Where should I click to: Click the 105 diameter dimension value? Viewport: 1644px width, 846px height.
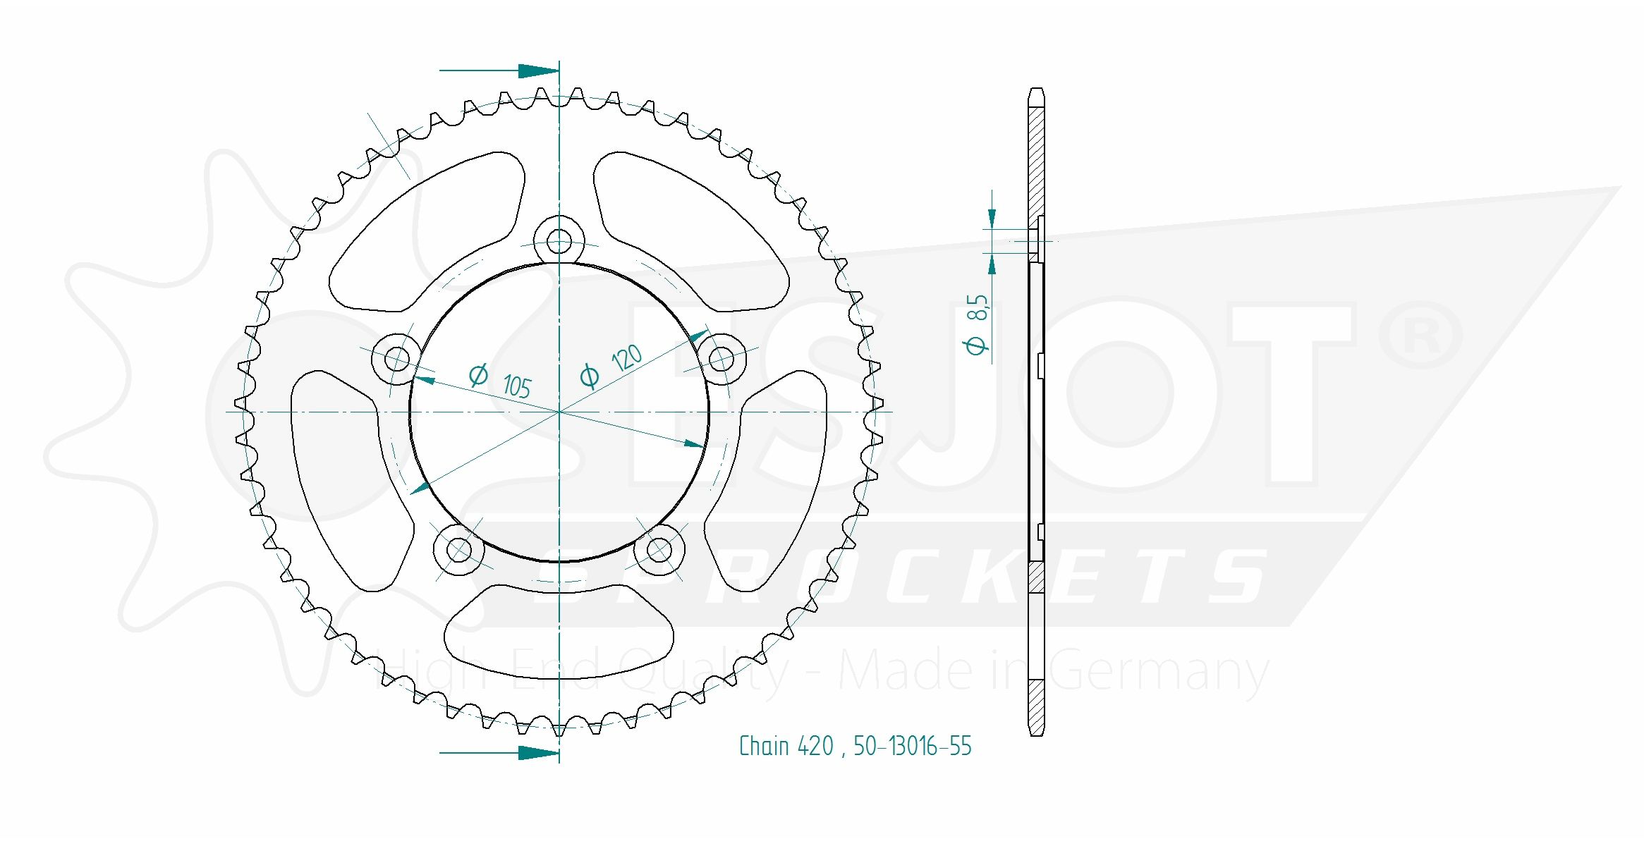517,386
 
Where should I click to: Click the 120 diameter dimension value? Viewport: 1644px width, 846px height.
626,358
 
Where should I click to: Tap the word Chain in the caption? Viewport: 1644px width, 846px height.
763,747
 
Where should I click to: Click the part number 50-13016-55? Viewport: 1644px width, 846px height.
912,747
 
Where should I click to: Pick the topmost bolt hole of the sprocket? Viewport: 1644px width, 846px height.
559,241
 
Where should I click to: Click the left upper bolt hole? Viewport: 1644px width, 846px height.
397,358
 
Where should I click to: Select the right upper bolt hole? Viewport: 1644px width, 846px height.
721,359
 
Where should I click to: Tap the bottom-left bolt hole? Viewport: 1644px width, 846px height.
459,549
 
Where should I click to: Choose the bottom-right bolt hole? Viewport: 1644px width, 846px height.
659,549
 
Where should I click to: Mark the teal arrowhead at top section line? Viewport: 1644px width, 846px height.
537,70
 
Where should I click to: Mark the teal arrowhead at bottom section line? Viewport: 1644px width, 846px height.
537,753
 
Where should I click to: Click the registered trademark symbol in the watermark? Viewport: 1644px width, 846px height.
1420,336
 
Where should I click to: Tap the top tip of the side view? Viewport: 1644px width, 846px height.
1036,90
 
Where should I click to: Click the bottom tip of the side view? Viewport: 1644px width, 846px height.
1036,734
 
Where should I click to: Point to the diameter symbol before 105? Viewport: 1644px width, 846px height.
478,374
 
